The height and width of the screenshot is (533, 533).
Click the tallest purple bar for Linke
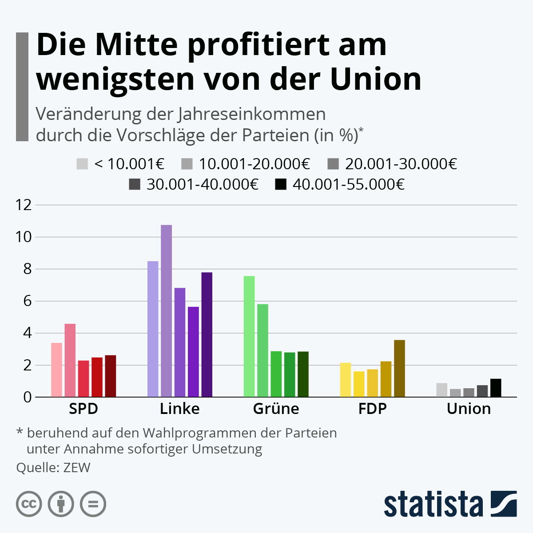(166, 311)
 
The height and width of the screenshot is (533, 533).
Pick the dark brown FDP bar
(399, 368)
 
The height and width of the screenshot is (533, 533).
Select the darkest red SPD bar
(110, 376)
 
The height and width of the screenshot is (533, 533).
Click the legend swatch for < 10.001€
(82, 164)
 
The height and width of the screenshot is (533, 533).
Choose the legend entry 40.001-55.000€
(348, 184)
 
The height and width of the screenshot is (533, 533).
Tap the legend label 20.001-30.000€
(401, 164)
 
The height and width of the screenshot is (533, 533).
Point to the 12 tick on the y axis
(24, 205)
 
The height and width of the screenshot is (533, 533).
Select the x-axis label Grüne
(276, 409)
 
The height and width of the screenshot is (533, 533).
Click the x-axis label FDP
(372, 409)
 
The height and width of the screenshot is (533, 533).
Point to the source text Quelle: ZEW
(53, 468)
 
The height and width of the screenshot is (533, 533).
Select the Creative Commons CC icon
(29, 504)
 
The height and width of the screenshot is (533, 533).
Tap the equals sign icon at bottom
(93, 504)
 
